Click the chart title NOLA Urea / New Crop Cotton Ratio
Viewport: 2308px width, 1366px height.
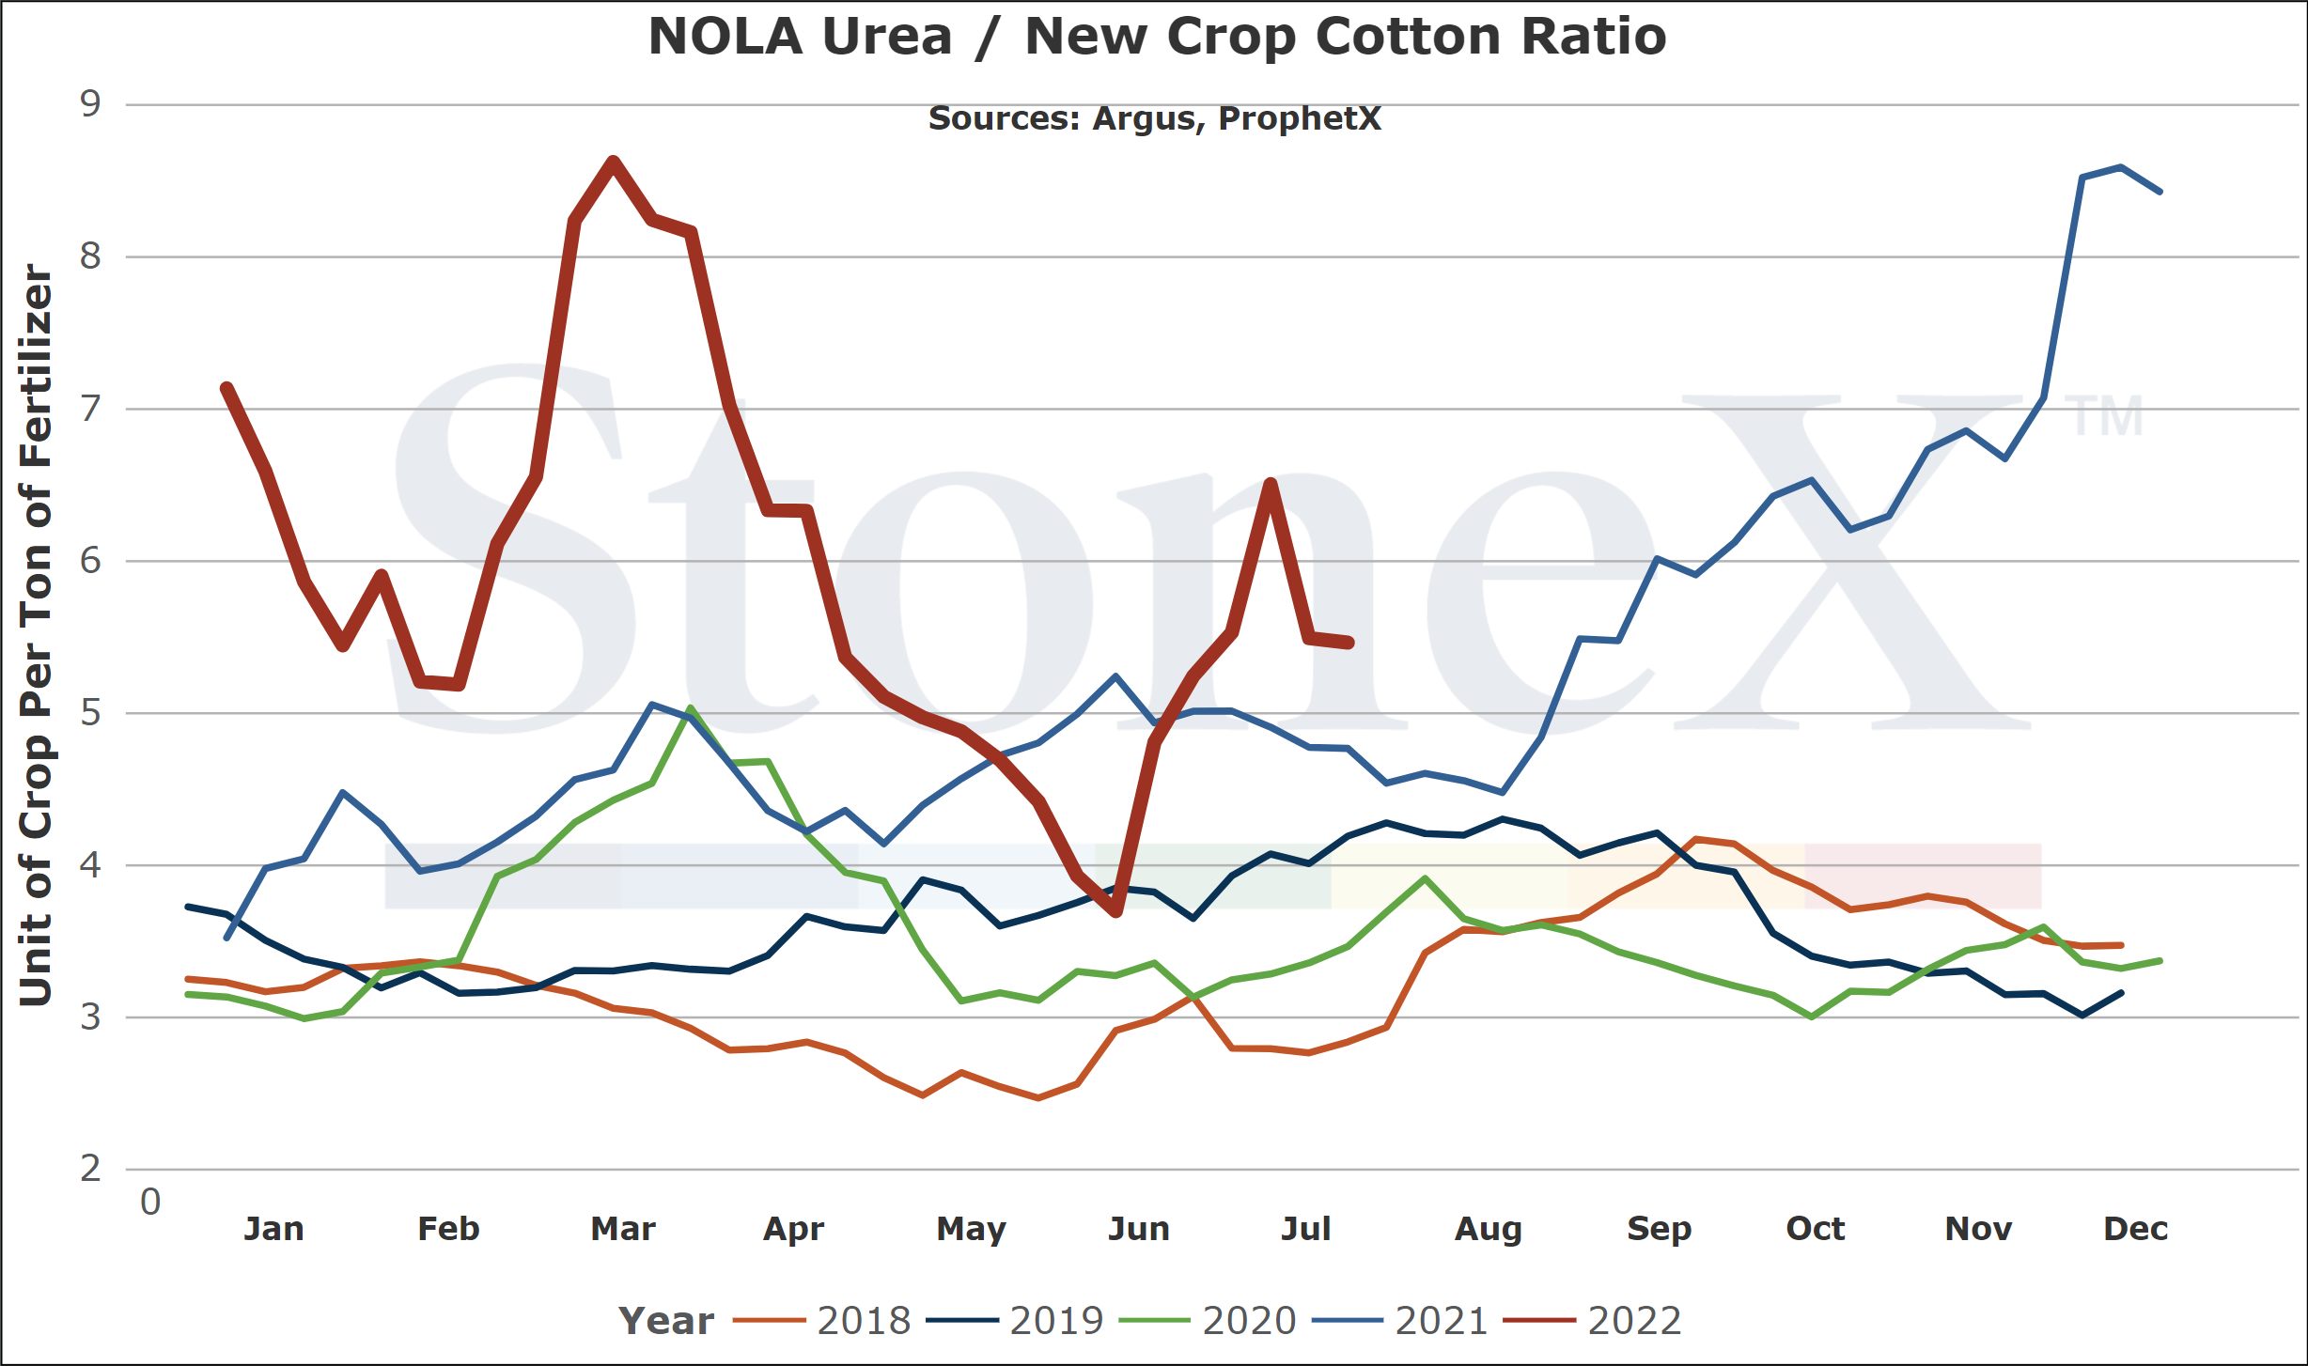coord(1157,37)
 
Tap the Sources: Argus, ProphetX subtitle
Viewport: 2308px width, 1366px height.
coord(1155,118)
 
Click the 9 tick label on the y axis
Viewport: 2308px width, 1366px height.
coord(90,103)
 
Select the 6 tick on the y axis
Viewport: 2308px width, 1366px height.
coord(90,561)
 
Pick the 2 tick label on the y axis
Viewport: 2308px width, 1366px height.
coord(90,1169)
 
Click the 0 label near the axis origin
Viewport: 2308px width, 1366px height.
coord(150,1202)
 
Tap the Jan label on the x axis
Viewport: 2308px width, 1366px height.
coord(273,1229)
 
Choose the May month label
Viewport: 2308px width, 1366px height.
coord(971,1230)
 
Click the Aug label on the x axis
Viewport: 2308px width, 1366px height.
coord(1488,1230)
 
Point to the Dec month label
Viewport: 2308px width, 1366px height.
coord(2135,1229)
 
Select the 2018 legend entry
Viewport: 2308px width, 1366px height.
coord(822,1321)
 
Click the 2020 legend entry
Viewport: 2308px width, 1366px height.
coord(1208,1321)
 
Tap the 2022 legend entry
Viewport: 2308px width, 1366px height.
coord(1593,1321)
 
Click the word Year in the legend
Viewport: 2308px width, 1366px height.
coord(666,1321)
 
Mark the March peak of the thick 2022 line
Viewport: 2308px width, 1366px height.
coord(613,162)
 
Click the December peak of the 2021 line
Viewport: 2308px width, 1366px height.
coord(2121,167)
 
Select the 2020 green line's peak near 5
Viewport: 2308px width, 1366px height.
coord(690,708)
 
